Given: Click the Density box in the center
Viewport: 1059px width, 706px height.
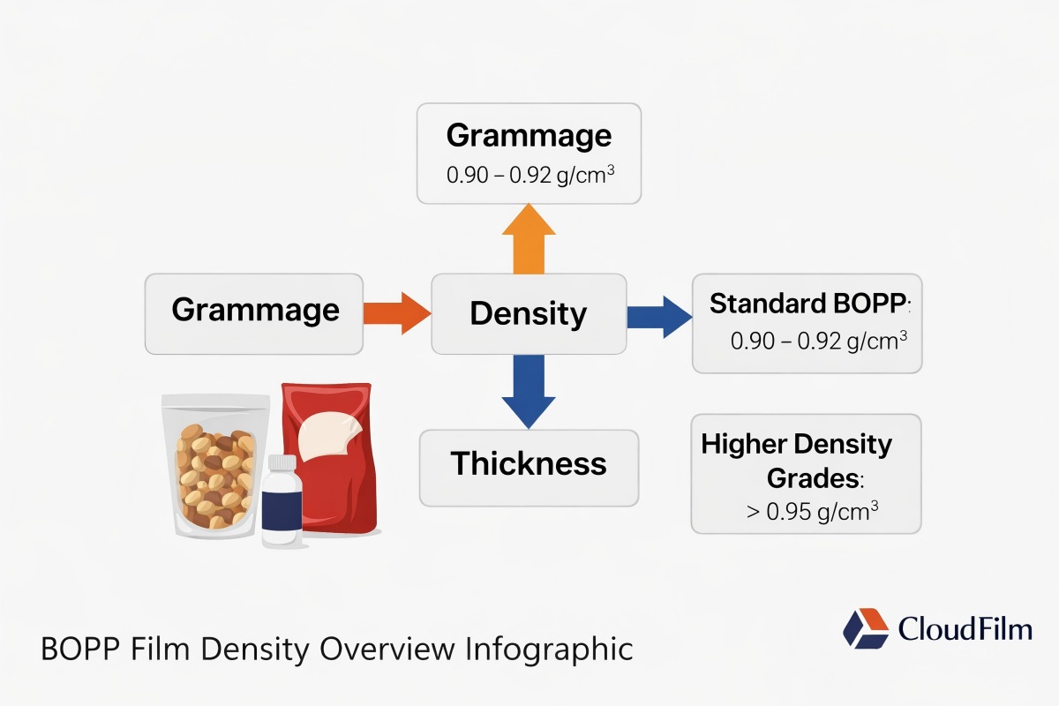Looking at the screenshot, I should [x=528, y=313].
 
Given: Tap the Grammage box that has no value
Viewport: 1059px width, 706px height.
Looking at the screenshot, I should [x=254, y=312].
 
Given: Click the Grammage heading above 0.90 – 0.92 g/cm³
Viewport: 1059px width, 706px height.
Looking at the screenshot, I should [x=528, y=136].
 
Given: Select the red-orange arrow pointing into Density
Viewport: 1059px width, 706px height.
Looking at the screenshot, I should [x=395, y=313].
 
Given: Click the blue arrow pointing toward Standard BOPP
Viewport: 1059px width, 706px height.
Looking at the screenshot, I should [x=658, y=314].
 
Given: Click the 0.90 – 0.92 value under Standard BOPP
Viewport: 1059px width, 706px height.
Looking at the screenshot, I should [x=819, y=341].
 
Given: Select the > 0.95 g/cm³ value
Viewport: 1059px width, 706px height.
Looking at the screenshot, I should [x=812, y=511].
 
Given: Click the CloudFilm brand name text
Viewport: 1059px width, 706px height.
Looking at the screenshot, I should [x=964, y=628].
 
